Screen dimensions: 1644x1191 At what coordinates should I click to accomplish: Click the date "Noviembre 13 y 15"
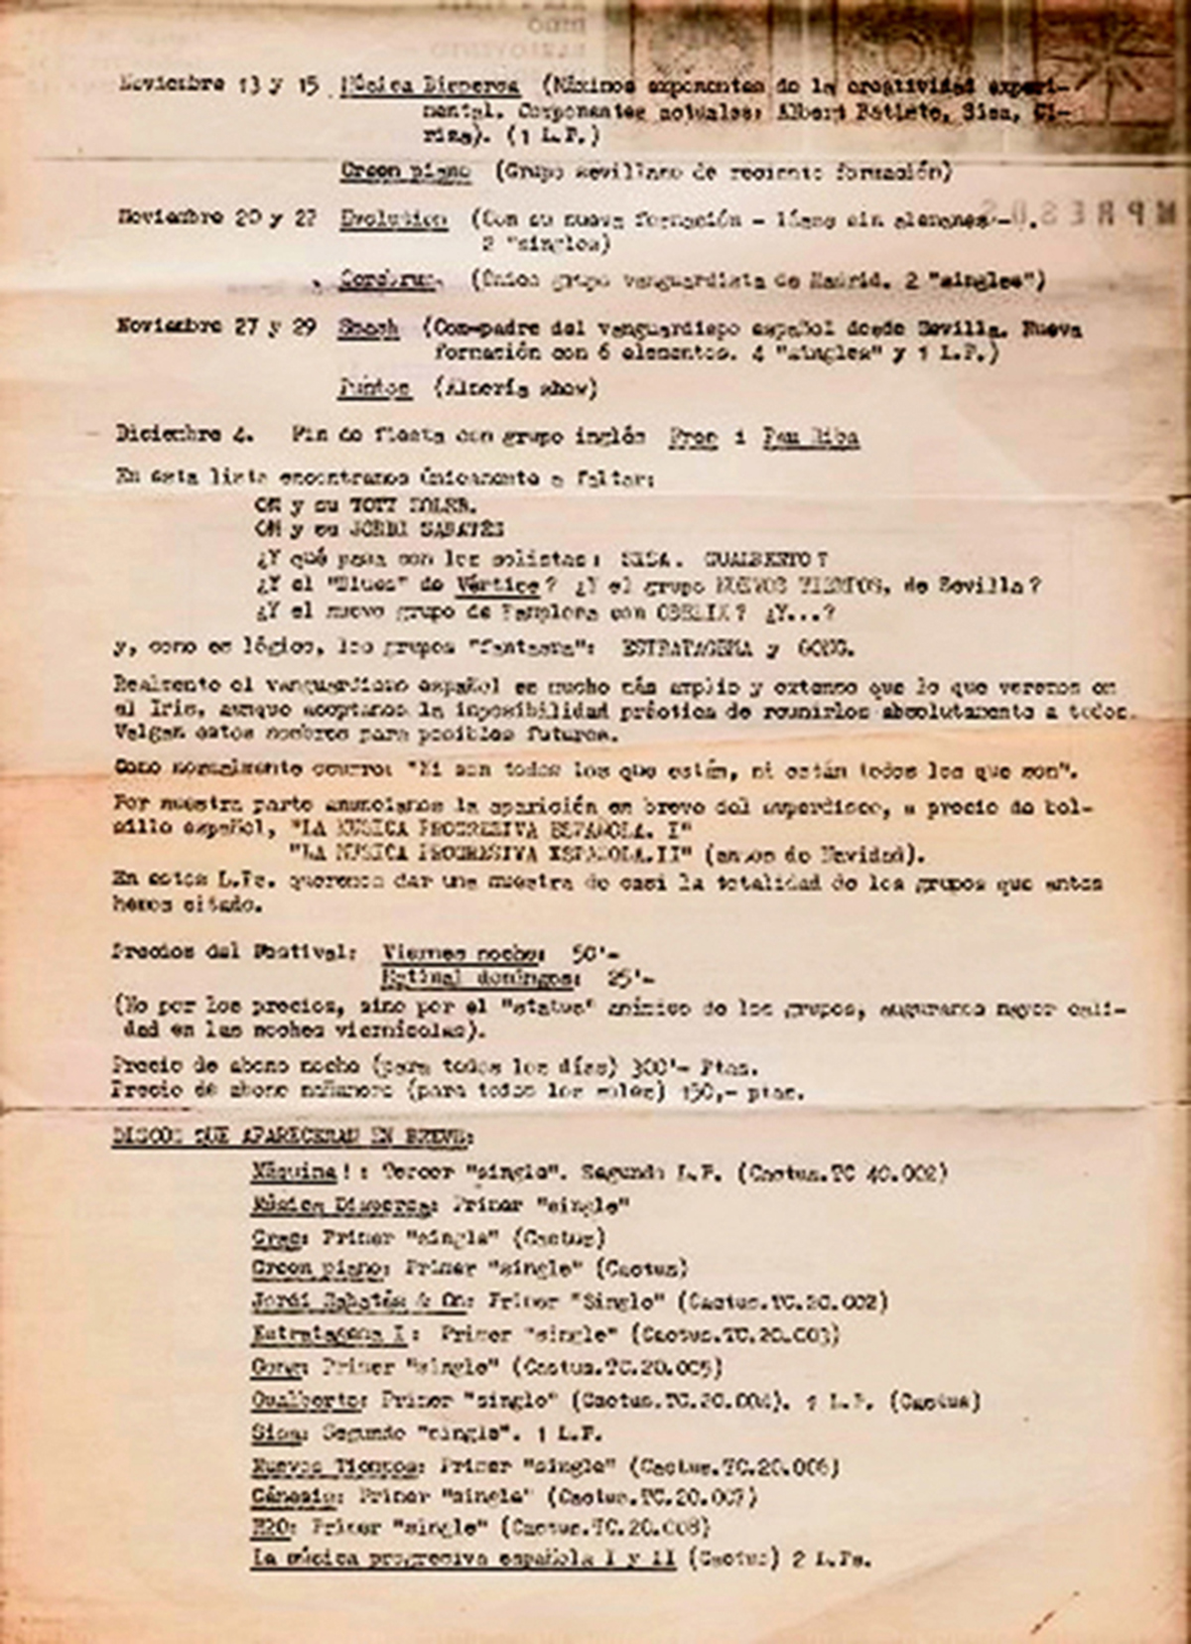pyautogui.click(x=218, y=84)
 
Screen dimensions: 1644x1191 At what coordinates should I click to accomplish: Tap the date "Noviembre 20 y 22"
pyautogui.click(x=217, y=217)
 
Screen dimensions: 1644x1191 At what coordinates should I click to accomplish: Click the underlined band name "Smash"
pyautogui.click(x=368, y=328)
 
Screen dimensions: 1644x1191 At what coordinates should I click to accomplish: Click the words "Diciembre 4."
pyautogui.click(x=185, y=435)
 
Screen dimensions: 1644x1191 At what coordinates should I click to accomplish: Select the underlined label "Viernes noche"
pyautogui.click(x=463, y=953)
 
